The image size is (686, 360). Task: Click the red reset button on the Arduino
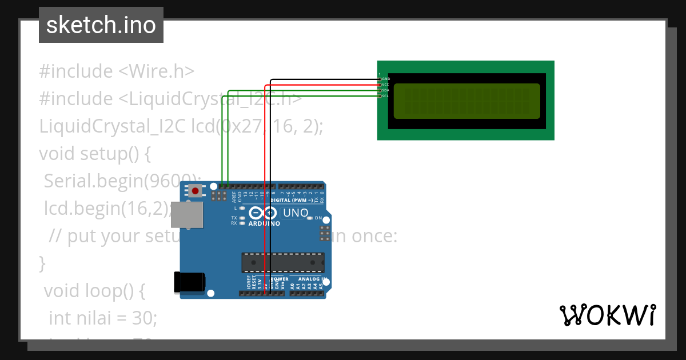point(196,191)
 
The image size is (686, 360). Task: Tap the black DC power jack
point(189,282)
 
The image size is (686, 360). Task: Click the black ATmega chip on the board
point(282,262)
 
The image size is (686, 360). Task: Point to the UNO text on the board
point(296,213)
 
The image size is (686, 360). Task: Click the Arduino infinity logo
point(264,214)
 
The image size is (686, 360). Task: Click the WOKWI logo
point(607,315)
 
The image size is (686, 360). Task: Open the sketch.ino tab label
point(101,25)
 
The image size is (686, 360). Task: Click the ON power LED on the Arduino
point(309,218)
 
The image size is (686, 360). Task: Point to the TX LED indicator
point(243,218)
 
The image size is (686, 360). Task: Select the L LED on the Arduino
point(243,208)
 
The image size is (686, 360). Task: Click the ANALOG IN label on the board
point(313,279)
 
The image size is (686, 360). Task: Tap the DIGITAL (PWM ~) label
point(292,201)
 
